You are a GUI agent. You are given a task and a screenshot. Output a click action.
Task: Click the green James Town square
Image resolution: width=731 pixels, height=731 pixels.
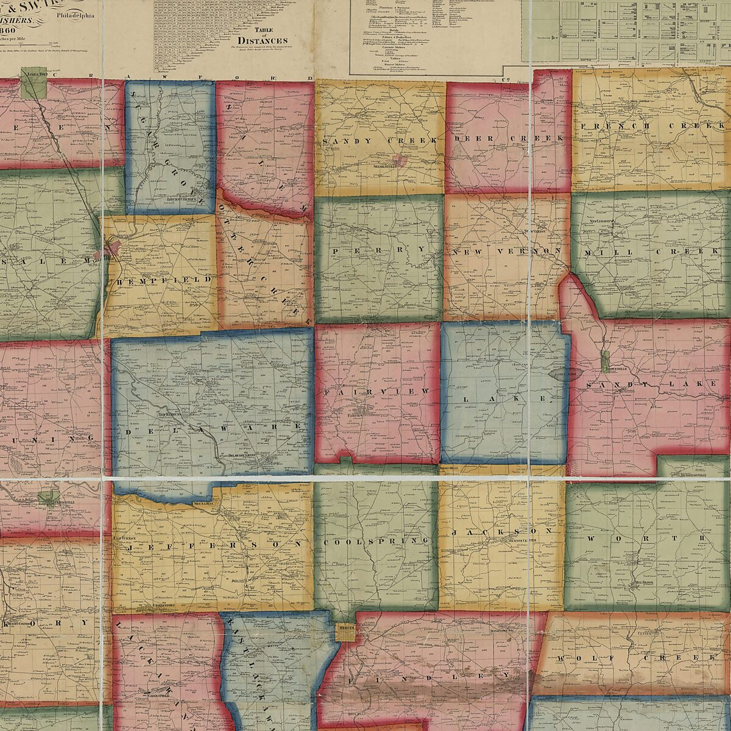pyautogui.click(x=34, y=84)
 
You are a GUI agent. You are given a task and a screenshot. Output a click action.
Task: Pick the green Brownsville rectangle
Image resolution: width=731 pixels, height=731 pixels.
pyautogui.click(x=606, y=362)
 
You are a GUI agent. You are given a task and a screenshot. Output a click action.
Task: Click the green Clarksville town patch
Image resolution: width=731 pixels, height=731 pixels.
pyautogui.click(x=46, y=498)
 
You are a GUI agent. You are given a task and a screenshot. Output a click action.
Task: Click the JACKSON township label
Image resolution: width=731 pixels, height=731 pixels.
pyautogui.click(x=503, y=532)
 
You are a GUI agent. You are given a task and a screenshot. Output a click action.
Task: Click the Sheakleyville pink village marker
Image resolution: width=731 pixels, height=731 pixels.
pyautogui.click(x=399, y=161)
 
